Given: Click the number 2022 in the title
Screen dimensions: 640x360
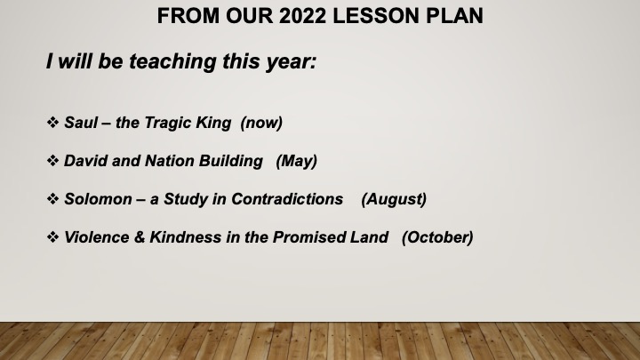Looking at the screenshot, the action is (302, 16).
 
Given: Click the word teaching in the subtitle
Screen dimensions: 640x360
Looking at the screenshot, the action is (172, 61).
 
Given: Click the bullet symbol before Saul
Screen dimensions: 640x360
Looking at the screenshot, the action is (52, 122).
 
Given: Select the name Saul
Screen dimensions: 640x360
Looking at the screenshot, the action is (81, 123).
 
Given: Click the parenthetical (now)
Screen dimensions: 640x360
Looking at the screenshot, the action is (261, 123).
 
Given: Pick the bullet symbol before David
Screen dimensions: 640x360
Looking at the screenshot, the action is (52, 160).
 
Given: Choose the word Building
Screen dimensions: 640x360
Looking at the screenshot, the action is (230, 161).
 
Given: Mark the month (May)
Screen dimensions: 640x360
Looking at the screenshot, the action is (296, 161).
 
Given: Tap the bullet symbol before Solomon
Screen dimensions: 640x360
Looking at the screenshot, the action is (52, 199).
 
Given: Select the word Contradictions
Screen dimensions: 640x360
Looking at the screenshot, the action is (287, 199).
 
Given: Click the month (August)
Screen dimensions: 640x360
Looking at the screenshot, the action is (394, 200).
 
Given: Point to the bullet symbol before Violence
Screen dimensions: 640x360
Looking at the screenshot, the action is (52, 236).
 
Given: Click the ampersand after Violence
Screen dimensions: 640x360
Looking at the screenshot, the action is (140, 237).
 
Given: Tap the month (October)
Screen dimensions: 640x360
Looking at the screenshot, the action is (437, 237).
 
